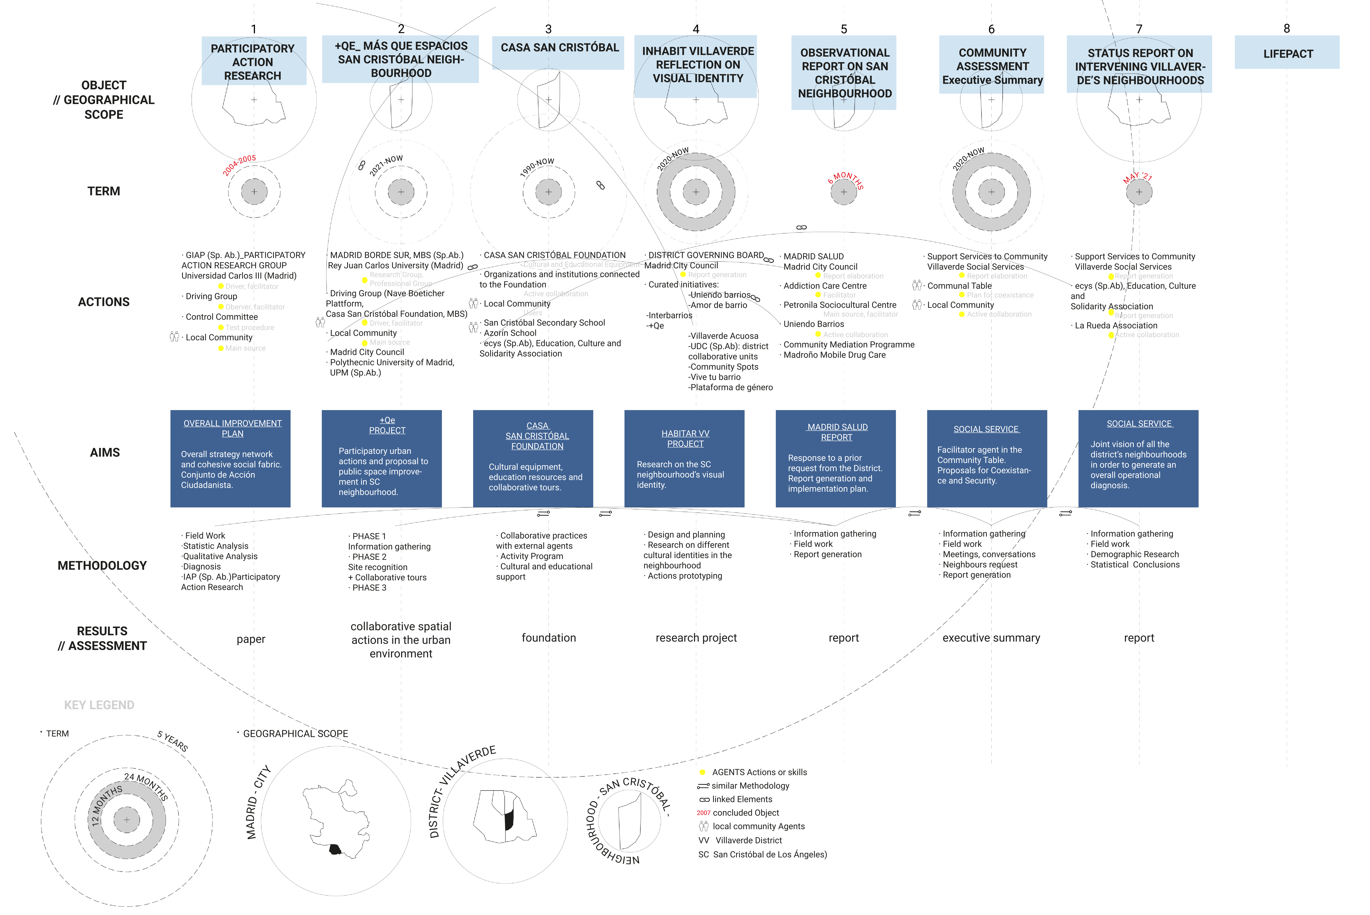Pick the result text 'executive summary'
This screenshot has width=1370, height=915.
(991, 638)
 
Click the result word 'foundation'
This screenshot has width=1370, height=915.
(548, 638)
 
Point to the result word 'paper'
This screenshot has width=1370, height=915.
(251, 639)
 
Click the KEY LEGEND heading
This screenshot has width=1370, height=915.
(99, 705)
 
